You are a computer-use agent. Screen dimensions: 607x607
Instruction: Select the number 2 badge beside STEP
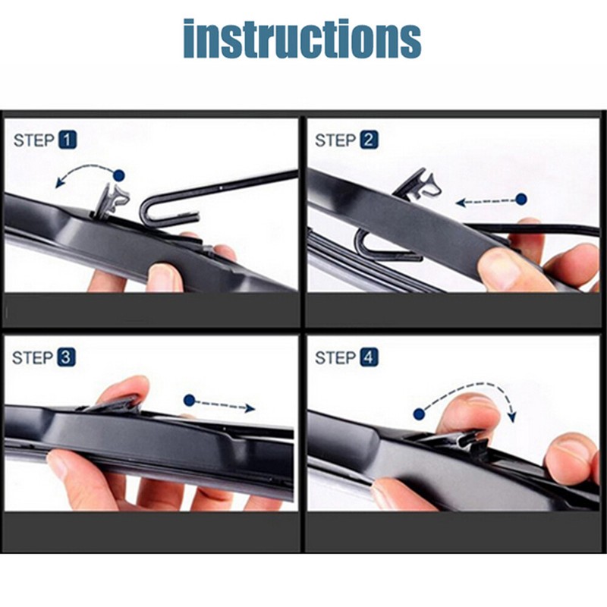point(369,140)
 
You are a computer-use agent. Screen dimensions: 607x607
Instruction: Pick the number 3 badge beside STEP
point(67,357)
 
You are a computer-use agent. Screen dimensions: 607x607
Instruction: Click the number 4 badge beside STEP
point(369,357)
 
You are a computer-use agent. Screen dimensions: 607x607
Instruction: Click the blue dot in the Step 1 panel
point(118,175)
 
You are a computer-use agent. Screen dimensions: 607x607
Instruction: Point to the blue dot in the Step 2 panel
point(521,200)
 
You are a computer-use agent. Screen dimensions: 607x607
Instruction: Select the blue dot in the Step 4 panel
point(418,414)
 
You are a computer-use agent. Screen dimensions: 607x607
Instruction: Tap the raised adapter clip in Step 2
point(417,184)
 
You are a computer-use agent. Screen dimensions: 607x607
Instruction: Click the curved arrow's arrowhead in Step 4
point(512,417)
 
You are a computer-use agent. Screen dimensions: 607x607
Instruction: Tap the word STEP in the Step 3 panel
point(33,357)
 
